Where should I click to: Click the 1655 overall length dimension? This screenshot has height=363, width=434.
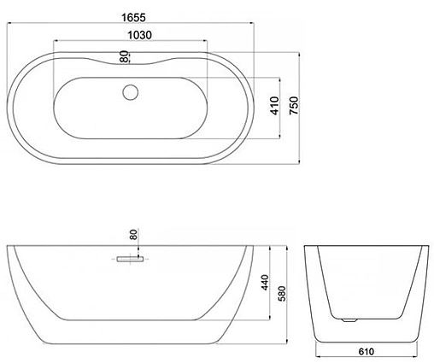pos(133,18)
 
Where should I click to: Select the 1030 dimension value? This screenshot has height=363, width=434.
pos(139,35)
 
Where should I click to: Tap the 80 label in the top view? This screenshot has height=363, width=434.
pos(124,56)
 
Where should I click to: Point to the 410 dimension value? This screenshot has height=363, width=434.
pos(275,106)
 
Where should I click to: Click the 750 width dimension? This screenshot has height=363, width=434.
pos(294,106)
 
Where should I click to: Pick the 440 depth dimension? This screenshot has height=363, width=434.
pos(265,283)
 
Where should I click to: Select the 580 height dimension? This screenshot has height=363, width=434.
pos(282,294)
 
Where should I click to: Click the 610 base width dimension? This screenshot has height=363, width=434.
pos(367,352)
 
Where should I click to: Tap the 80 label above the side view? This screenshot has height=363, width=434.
pos(133,234)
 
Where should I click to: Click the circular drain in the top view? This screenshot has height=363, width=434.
pos(131,92)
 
